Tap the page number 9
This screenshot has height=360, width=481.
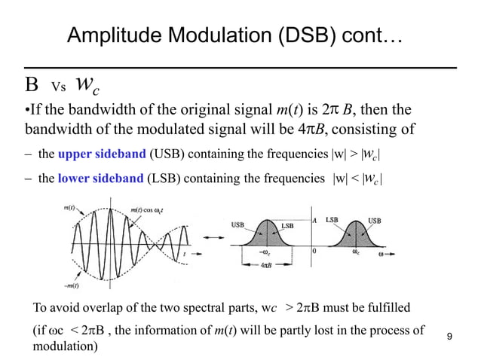click(x=450, y=335)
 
